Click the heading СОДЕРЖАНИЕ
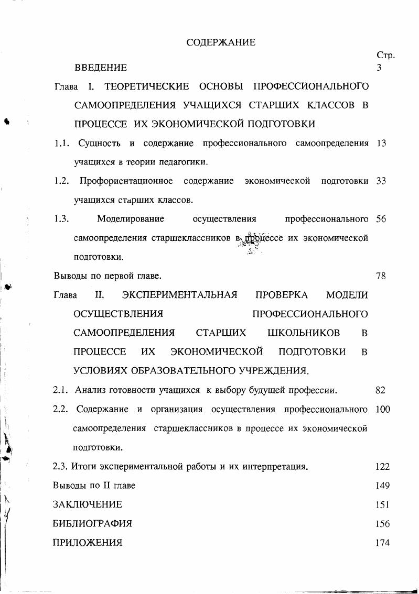[221, 42]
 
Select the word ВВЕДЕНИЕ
[101, 68]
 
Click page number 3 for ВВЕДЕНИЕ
[379, 68]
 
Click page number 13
[381, 143]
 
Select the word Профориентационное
[126, 181]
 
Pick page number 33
[381, 181]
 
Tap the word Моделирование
[131, 218]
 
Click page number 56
[381, 219]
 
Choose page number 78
[381, 276]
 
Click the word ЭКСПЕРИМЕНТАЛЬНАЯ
[179, 295]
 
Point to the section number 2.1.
[61, 390]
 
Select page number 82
[381, 390]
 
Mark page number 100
[383, 409]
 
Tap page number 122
[383, 466]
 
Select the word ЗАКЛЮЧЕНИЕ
[88, 504]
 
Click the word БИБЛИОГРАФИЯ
[92, 523]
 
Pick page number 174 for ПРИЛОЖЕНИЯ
[383, 543]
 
